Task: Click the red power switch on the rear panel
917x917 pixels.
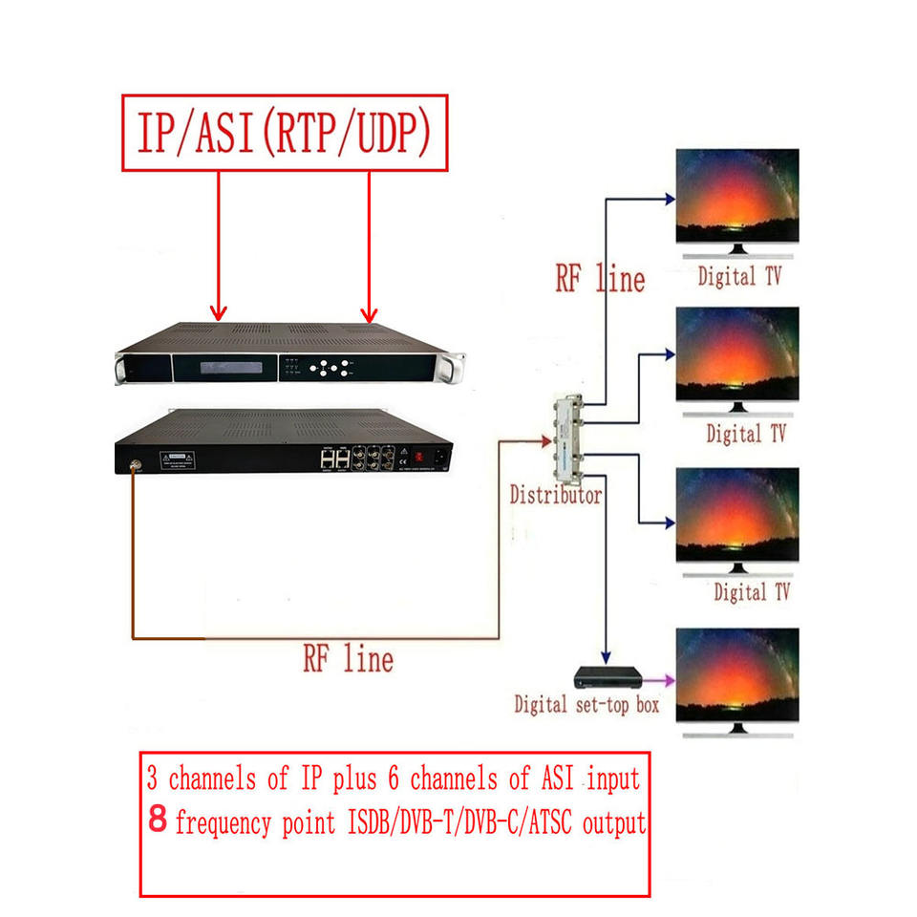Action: [x=417, y=456]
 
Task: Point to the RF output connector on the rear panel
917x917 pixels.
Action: [x=134, y=468]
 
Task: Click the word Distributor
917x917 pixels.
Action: [x=555, y=495]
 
